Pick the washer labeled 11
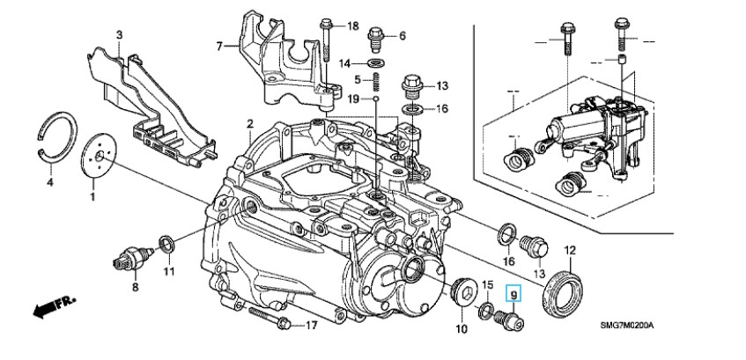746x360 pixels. [x=165, y=242]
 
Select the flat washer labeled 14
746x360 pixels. [x=376, y=63]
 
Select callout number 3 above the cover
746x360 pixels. [x=119, y=34]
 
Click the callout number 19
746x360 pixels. [x=353, y=99]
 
